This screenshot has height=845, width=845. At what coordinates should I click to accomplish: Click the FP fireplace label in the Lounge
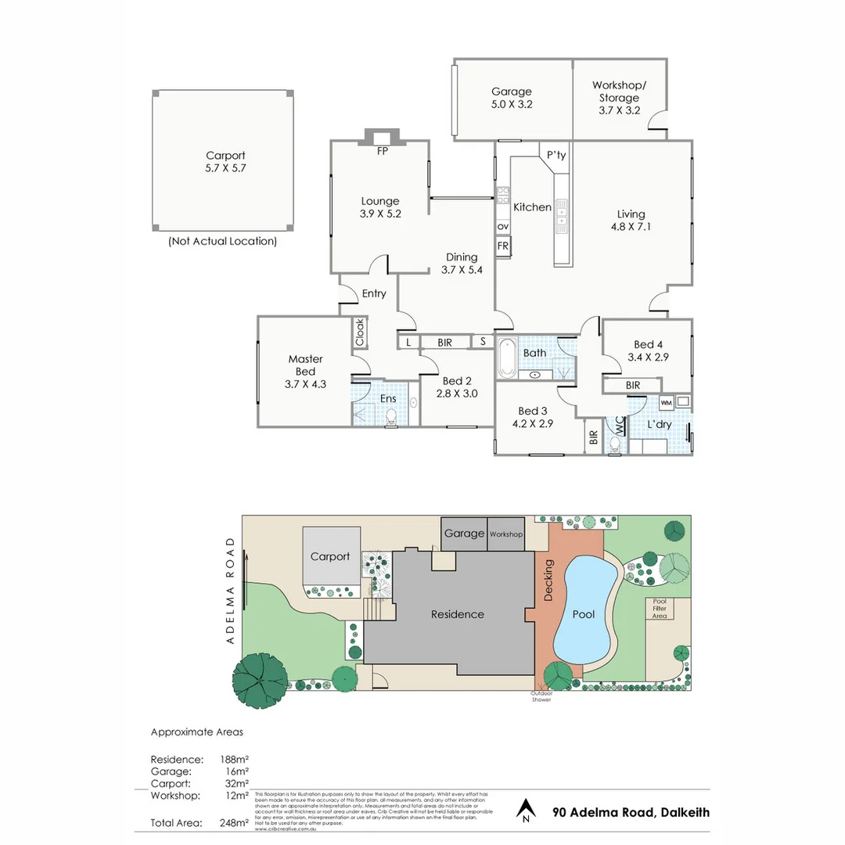(x=383, y=152)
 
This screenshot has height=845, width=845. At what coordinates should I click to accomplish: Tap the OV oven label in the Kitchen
(x=502, y=227)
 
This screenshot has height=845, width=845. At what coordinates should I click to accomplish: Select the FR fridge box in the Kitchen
(x=503, y=246)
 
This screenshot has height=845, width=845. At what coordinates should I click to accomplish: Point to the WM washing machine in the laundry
(x=667, y=402)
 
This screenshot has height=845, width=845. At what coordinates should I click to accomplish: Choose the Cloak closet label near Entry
(x=360, y=332)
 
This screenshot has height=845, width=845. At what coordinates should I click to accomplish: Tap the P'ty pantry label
(x=556, y=156)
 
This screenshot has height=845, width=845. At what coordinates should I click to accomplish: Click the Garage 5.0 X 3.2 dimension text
(x=512, y=103)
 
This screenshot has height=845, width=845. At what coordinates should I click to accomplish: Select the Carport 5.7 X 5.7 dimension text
(x=225, y=167)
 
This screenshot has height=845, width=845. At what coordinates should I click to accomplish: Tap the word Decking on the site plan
(x=548, y=580)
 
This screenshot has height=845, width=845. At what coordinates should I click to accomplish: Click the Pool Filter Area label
(x=660, y=609)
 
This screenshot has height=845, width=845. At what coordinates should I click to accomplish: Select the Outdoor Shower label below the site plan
(x=541, y=696)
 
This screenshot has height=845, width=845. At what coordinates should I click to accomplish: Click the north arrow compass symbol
(x=526, y=811)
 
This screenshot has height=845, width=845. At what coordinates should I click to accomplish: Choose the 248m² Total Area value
(x=236, y=822)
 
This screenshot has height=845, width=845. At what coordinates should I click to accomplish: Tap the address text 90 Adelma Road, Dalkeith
(x=631, y=812)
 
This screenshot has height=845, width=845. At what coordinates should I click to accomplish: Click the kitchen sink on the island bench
(x=562, y=225)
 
